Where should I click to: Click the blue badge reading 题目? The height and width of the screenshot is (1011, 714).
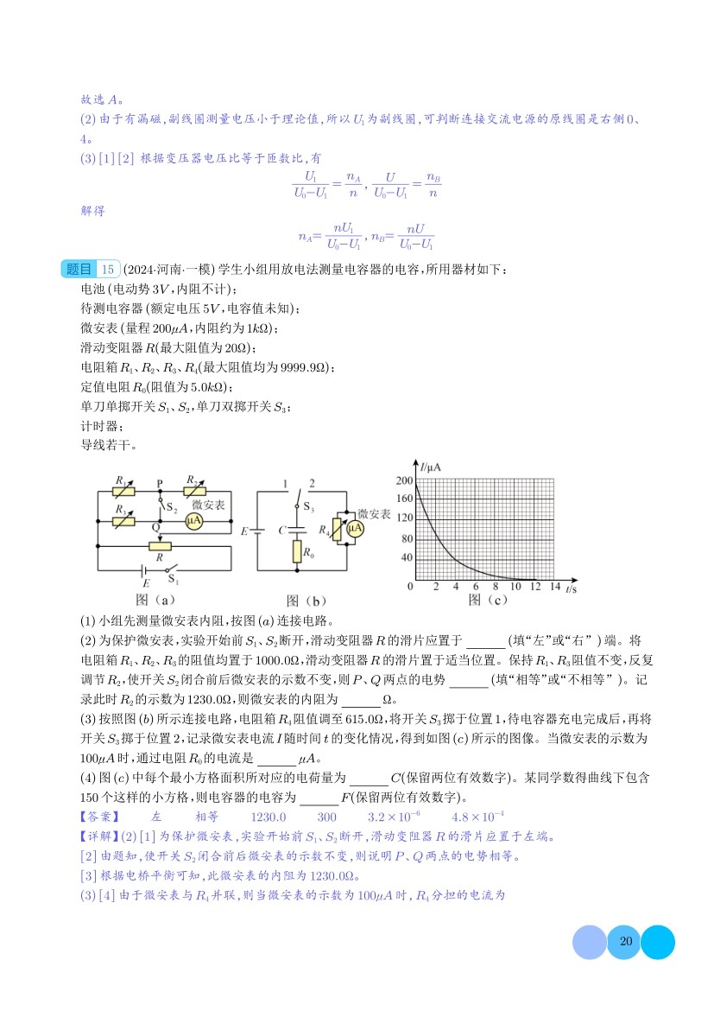79,270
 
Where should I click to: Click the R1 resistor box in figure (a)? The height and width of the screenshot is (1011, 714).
124,491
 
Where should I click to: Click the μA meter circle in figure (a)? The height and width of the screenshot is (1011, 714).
195,521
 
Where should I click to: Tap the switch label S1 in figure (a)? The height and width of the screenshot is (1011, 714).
173,580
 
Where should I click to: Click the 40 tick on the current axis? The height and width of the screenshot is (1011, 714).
405,559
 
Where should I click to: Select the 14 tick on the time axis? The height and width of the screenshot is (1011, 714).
554,588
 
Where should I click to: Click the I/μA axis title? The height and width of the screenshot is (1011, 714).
431,467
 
